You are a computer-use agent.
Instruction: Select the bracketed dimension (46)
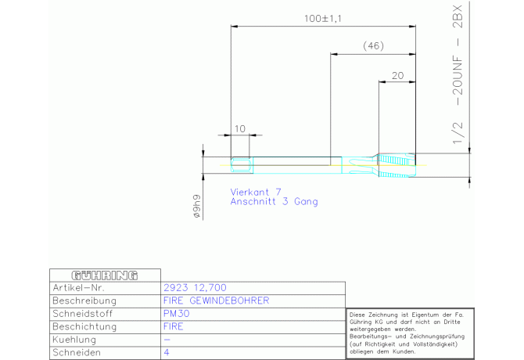373,46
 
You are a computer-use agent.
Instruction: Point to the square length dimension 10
239,128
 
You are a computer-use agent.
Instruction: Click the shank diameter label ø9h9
197,207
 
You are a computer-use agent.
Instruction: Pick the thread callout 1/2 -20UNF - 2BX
458,74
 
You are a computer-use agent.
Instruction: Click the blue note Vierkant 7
256,191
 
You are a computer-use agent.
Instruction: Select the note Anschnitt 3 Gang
274,201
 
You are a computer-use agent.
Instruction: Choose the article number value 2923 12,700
194,287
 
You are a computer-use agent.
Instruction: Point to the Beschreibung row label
84,301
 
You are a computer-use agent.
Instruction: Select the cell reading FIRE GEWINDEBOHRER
215,301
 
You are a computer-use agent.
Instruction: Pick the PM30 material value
175,313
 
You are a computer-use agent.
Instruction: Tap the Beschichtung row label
85,326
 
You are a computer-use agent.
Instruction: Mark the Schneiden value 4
166,353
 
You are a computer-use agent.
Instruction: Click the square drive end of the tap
241,164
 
